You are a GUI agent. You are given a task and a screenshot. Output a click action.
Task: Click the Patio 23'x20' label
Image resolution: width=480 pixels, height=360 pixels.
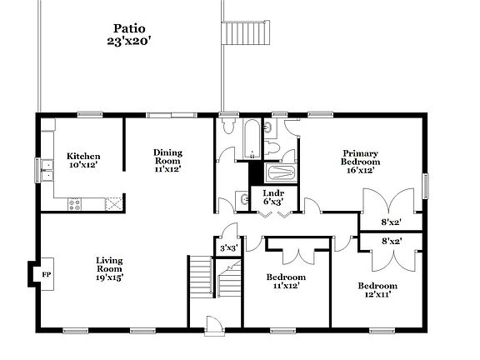click(131, 33)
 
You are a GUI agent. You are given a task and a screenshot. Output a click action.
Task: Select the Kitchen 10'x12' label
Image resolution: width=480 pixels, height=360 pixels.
click(83, 160)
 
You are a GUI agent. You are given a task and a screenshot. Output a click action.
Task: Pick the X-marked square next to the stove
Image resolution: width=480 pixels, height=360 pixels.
click(112, 201)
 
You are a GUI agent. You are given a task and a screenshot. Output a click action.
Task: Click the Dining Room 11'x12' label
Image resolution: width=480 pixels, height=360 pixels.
click(167, 160)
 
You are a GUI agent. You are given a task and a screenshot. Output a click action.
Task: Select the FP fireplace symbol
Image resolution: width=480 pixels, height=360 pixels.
click(34, 273)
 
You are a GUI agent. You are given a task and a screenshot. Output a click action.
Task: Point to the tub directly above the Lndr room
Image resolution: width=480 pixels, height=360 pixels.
click(280, 173)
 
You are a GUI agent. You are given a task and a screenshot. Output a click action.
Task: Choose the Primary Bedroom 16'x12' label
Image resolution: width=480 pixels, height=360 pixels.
click(361, 161)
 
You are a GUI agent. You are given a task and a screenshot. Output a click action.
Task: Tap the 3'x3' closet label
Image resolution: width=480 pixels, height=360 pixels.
click(228, 247)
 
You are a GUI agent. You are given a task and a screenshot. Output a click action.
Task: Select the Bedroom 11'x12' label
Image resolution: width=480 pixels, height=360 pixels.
click(286, 282)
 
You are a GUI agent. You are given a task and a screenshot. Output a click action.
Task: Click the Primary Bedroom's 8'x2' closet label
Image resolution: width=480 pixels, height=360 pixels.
click(390, 222)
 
